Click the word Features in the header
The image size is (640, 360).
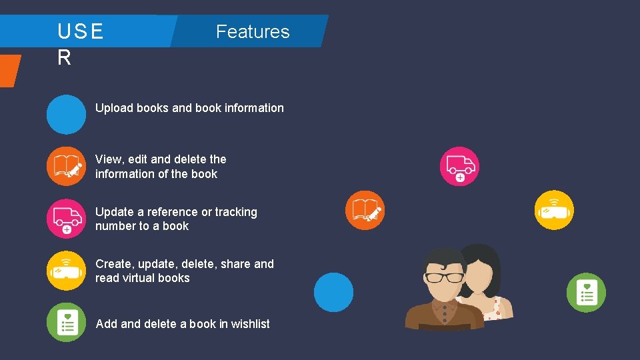tap(253, 32)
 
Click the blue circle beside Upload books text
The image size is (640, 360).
tap(66, 115)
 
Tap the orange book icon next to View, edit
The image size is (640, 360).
tap(66, 166)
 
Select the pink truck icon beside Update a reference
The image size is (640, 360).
tap(66, 219)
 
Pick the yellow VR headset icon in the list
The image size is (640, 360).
tap(66, 271)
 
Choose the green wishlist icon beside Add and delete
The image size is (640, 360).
tap(66, 323)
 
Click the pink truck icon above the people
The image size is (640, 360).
tap(459, 166)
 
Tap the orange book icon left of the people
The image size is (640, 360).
tap(365, 210)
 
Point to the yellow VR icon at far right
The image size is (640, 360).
tap(555, 210)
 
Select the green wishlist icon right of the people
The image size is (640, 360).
tap(586, 293)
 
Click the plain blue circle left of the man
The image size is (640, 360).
tap(333, 292)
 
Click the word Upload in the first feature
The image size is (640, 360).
tap(114, 108)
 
